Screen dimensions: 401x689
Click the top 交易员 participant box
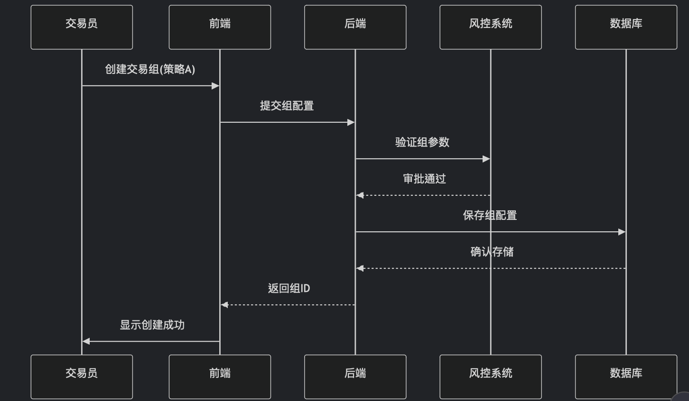pyautogui.click(x=82, y=27)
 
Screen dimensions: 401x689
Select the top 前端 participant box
pyautogui.click(x=220, y=27)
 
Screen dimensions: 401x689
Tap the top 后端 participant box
pyautogui.click(x=355, y=27)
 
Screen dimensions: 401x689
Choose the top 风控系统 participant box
pyautogui.click(x=490, y=27)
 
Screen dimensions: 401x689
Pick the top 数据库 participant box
pyautogui.click(x=626, y=27)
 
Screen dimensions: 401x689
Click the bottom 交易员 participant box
pyautogui.click(x=82, y=376)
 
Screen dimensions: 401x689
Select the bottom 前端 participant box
pyautogui.click(x=220, y=376)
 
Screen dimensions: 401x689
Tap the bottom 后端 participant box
pyautogui.click(x=355, y=376)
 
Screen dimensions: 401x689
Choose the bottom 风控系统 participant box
pyautogui.click(x=490, y=376)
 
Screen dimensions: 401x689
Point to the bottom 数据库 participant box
pyautogui.click(x=626, y=376)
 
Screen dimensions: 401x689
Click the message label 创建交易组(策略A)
pyautogui.click(x=150, y=69)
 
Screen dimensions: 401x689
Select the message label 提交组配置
pyautogui.click(x=287, y=106)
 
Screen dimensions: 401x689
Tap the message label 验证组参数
pyautogui.click(x=422, y=142)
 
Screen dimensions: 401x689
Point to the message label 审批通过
pyautogui.click(x=424, y=179)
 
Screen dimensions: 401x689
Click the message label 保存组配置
pyautogui.click(x=490, y=215)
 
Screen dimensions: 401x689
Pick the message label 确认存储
pyautogui.click(x=492, y=252)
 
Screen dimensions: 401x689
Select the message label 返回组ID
pyautogui.click(x=289, y=288)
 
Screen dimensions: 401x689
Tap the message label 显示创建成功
pyautogui.click(x=152, y=325)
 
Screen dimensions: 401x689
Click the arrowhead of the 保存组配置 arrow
pyautogui.click(x=622, y=232)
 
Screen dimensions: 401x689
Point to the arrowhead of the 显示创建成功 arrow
pyautogui.click(x=86, y=341)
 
